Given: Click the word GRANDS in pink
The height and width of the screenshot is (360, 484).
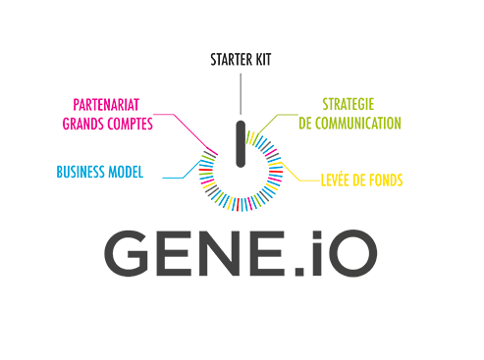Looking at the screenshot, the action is point(81,124).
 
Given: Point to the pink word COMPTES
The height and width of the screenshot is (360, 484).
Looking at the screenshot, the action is point(132,124).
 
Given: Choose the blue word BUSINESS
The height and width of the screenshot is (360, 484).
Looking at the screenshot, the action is point(81,173).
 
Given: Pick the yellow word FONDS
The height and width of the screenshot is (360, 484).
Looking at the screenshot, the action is point(386,180).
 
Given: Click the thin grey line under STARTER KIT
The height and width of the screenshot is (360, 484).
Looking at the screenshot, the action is point(241,93).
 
